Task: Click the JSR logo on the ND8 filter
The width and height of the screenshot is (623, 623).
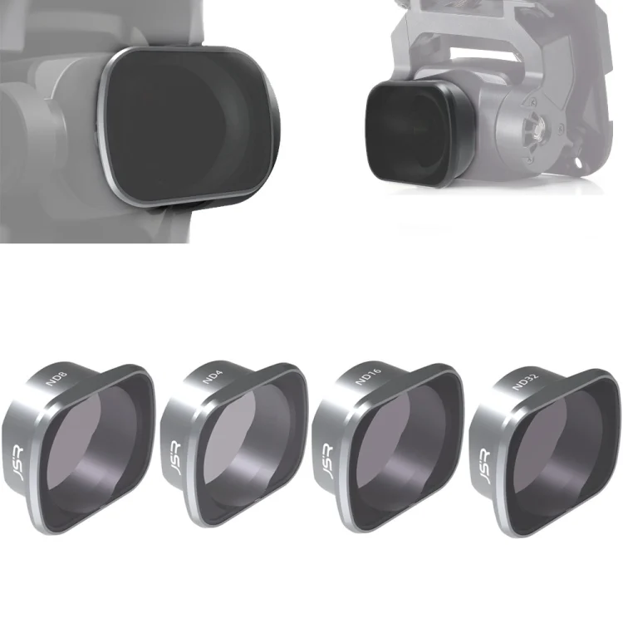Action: (17, 463)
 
